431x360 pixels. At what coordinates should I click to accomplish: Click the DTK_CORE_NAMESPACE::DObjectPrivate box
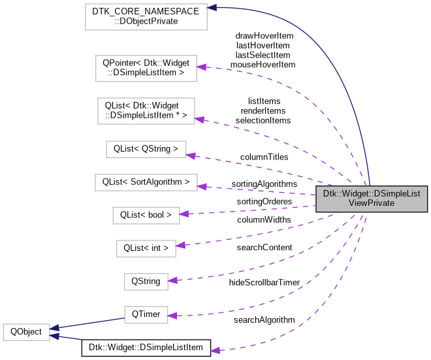click(x=146, y=16)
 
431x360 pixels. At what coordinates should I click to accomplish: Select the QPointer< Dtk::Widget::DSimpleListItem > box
click(x=146, y=68)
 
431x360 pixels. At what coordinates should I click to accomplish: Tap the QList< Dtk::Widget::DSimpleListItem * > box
click(x=146, y=110)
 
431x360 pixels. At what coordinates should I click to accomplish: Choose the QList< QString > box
click(x=146, y=148)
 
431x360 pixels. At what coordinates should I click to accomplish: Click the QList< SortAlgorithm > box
click(x=146, y=181)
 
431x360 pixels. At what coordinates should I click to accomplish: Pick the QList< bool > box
click(x=146, y=214)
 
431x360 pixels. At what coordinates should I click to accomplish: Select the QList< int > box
click(x=146, y=248)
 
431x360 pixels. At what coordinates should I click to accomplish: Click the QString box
click(x=146, y=282)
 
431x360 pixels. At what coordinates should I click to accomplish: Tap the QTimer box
click(x=146, y=314)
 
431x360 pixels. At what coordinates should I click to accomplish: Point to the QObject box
click(x=25, y=331)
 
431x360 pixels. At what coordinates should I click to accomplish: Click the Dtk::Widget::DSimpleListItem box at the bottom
click(x=146, y=348)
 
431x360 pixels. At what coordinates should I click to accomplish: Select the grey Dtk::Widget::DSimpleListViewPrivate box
click(x=372, y=199)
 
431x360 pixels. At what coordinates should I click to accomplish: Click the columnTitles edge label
click(x=264, y=157)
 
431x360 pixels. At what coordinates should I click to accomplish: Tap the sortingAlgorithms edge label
click(x=264, y=184)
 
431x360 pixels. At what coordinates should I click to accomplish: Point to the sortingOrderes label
click(x=264, y=202)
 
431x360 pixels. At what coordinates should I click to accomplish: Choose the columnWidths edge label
click(x=264, y=220)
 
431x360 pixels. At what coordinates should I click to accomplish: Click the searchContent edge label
click(x=264, y=248)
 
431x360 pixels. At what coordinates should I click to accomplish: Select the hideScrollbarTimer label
click(x=264, y=282)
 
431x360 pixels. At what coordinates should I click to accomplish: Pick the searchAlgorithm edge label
click(x=264, y=319)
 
